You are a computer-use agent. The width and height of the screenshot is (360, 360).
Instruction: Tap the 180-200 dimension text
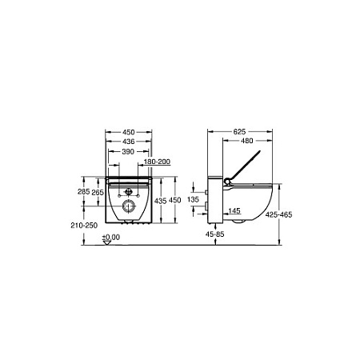click(157, 162)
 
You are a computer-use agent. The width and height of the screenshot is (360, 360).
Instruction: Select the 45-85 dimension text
click(214, 235)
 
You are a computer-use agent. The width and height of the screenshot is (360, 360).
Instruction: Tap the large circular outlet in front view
click(127, 209)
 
